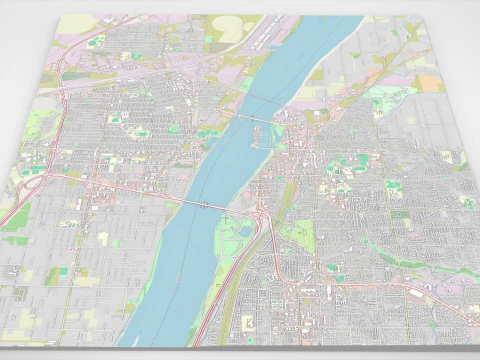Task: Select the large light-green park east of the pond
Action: point(298,236)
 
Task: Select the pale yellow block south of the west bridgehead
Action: point(103,238)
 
